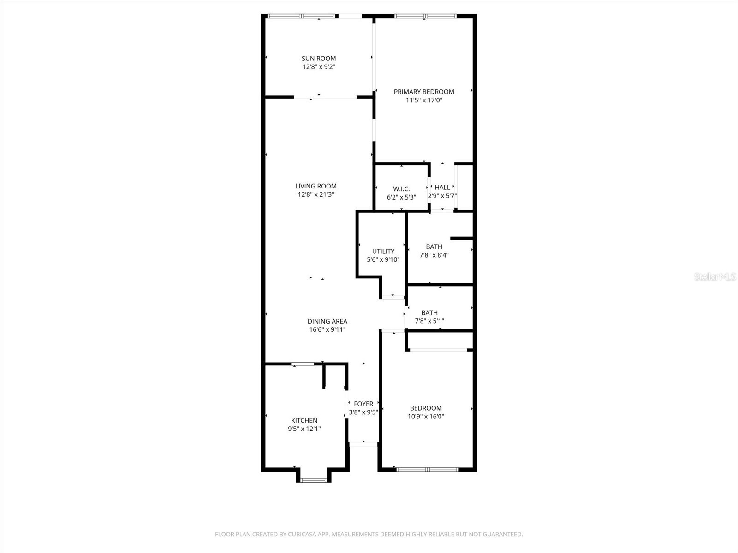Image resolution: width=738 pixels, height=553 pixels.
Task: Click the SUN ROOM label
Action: click(319, 59)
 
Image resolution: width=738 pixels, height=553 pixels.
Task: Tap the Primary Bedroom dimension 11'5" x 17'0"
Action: click(424, 100)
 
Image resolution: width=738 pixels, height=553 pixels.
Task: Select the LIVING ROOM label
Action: click(316, 186)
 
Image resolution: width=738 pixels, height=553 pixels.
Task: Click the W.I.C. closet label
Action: click(401, 189)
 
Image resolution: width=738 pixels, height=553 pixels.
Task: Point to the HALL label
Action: click(442, 188)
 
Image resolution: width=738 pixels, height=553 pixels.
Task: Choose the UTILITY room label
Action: click(383, 251)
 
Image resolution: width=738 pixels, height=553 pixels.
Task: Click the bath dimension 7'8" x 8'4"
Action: click(434, 255)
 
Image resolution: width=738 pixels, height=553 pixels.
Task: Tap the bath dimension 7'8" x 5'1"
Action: click(429, 321)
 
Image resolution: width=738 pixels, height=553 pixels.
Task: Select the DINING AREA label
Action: click(327, 321)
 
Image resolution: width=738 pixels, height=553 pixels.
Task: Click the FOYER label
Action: click(363, 404)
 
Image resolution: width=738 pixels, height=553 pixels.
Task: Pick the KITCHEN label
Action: click(304, 420)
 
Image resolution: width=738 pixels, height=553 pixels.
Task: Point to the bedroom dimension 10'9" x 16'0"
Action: click(426, 416)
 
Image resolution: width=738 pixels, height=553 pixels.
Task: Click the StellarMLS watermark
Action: click(715, 277)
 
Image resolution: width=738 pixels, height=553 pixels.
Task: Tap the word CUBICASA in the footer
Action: click(299, 535)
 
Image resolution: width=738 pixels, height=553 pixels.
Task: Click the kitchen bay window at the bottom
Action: click(314, 481)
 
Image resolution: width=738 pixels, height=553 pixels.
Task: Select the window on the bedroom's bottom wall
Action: click(428, 470)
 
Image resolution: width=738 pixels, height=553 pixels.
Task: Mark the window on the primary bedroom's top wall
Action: click(425, 17)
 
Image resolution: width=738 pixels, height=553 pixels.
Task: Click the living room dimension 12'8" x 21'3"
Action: click(316, 194)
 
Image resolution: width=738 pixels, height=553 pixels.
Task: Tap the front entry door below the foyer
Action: click(363, 444)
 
